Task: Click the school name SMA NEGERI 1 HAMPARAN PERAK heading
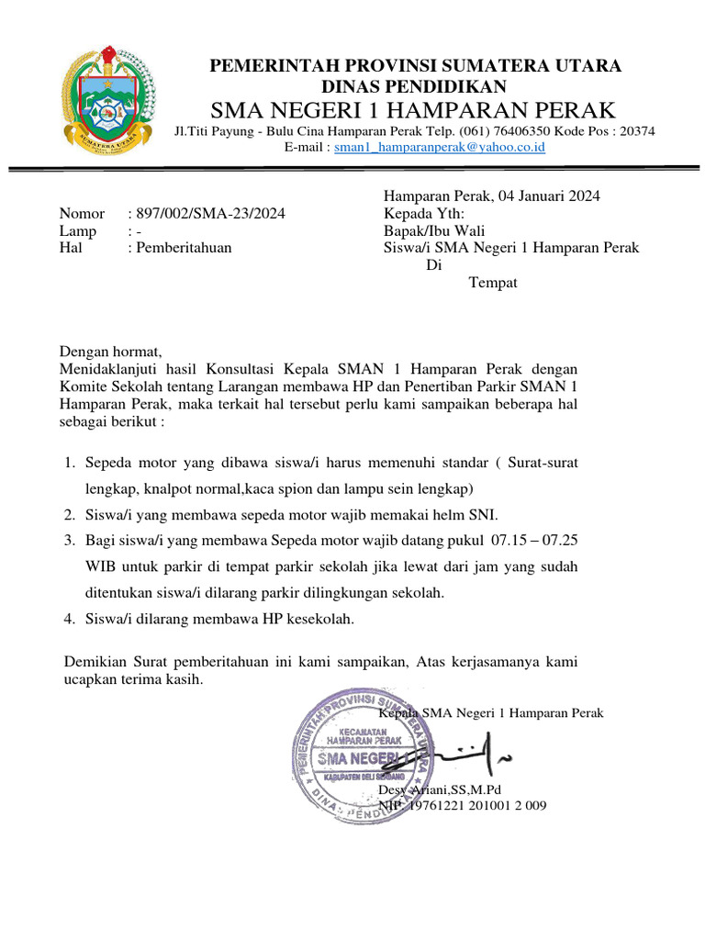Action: pyautogui.click(x=414, y=111)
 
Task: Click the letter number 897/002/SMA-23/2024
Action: pyautogui.click(x=210, y=214)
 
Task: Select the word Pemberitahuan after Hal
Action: pyautogui.click(x=184, y=248)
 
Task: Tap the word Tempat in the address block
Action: pyautogui.click(x=493, y=283)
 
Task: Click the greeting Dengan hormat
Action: pyautogui.click(x=111, y=352)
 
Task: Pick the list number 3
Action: pyautogui.click(x=70, y=542)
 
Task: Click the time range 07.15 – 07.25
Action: pyautogui.click(x=535, y=542)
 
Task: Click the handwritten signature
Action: pyautogui.click(x=468, y=753)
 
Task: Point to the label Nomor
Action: pyautogui.click(x=83, y=214)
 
